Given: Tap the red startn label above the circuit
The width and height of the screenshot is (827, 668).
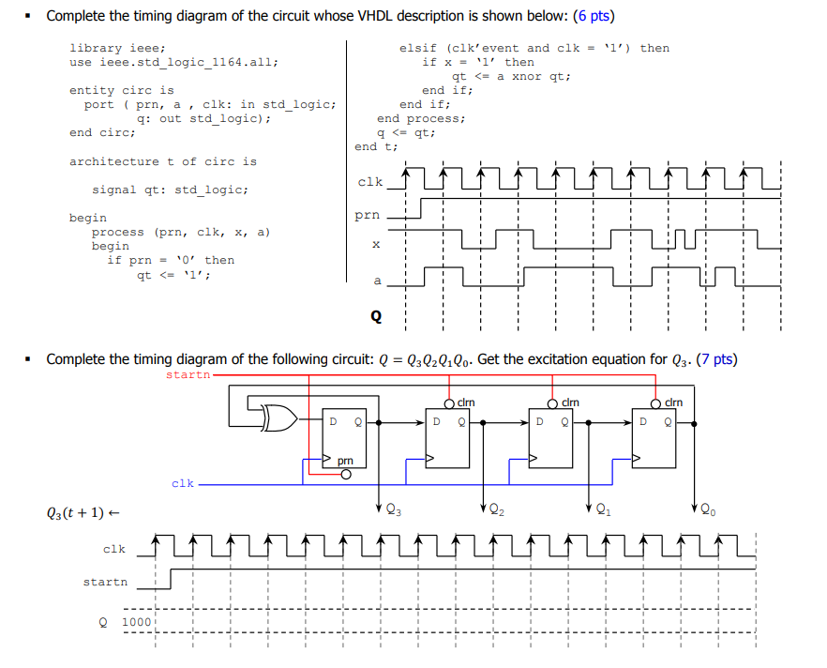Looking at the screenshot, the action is [188, 375].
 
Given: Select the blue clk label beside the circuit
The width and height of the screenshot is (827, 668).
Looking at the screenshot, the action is [183, 484].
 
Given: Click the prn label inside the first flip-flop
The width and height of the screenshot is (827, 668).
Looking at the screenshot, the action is [345, 461].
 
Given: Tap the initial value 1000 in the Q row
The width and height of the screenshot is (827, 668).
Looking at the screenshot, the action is [137, 621].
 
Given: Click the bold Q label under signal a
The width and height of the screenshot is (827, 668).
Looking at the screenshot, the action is [376, 317].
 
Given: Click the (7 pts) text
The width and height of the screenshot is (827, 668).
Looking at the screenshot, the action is [717, 359].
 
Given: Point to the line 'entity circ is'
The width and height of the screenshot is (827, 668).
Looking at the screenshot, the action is [122, 90].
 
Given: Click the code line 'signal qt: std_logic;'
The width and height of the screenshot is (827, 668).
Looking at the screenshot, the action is [170, 190].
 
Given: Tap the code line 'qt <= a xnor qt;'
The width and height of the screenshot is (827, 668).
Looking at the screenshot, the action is [511, 76].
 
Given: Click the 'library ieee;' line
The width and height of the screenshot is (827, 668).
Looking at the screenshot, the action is [117, 48].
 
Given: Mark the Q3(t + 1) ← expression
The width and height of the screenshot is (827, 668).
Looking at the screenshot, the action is [84, 513].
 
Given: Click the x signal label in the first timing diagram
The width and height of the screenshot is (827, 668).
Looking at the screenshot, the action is [376, 247].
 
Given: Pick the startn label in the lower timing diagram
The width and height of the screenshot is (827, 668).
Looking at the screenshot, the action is [105, 582].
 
